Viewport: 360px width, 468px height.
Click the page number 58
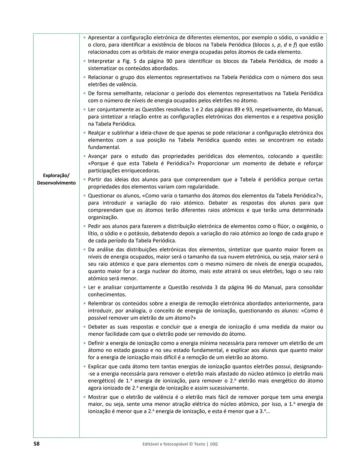pyautogui.click(x=36, y=444)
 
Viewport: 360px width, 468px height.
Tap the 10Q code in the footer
pyautogui.click(x=214, y=444)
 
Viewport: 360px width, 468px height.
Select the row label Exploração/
pyautogui.click(x=56, y=175)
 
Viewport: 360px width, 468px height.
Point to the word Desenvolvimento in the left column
pyautogui.click(x=56, y=183)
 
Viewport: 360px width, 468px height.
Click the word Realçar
pyautogui.click(x=97, y=133)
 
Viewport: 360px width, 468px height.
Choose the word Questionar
pyautogui.click(x=101, y=196)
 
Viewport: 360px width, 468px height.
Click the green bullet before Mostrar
pyautogui.click(x=85, y=397)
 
